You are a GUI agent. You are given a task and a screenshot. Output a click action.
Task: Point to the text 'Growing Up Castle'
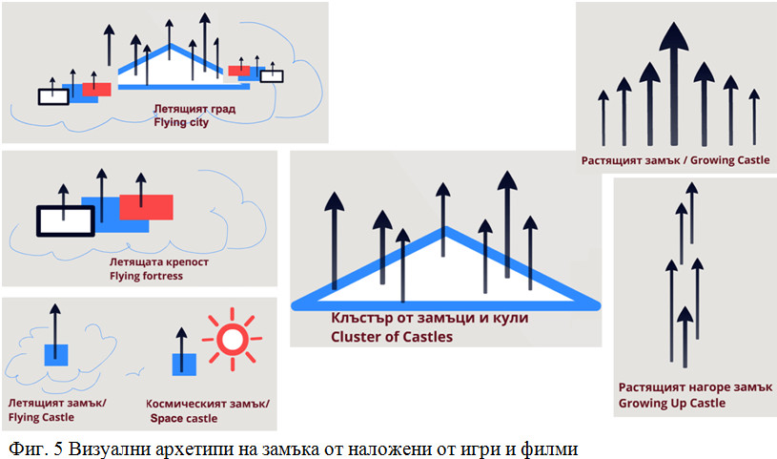click(671, 403)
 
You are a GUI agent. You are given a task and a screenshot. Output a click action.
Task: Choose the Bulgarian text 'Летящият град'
click(194, 110)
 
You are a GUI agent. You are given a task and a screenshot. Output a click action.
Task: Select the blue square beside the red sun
click(183, 365)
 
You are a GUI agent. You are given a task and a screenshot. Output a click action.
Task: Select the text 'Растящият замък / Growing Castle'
click(675, 160)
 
